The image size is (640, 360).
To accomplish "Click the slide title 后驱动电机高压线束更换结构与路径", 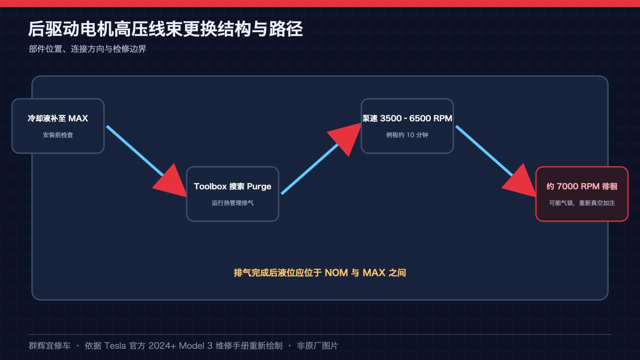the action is coord(166,29).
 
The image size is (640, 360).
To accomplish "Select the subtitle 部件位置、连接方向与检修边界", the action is coord(88,49).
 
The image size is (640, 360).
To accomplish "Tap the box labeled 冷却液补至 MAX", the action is coord(58,126).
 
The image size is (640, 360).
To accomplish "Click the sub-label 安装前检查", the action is coord(58,135).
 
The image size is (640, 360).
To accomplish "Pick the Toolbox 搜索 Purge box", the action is coord(232,194).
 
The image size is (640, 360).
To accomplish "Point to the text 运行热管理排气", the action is coord(232,203).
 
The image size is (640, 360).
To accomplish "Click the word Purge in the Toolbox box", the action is coord(259,186).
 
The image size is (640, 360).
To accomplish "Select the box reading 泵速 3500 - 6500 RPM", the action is coord(407,126).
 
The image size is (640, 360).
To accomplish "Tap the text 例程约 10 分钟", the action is coord(407,135).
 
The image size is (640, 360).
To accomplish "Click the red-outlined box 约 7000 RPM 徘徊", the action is coord(582,194).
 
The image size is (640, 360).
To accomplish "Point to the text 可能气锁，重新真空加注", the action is coord(582,203).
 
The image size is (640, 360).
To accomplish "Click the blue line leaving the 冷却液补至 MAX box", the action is coord(135,151).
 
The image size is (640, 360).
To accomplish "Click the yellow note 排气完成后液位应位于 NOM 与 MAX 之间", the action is coord(320,273).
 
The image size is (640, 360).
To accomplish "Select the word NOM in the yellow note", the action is coord(336,273).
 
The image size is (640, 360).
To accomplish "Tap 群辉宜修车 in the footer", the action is coord(50,346).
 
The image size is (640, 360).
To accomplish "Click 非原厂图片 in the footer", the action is coord(318,346).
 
